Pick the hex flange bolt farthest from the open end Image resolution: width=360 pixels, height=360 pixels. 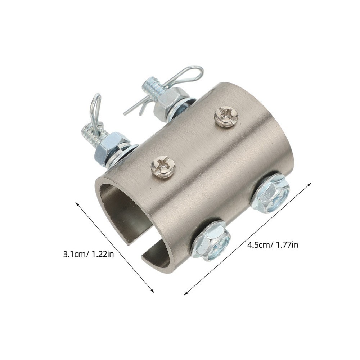270,194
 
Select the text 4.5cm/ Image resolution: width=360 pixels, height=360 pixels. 260,245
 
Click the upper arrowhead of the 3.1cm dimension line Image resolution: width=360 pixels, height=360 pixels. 77,204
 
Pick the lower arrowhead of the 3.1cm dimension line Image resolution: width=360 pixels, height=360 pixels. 153,291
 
